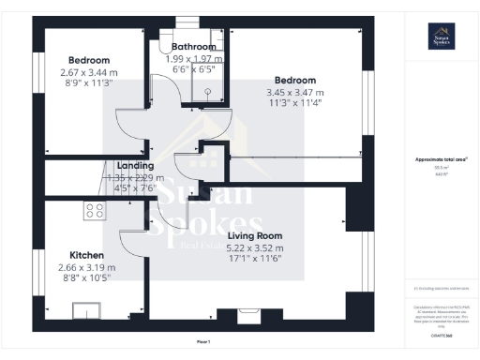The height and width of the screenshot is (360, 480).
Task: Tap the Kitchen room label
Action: coord(86,254)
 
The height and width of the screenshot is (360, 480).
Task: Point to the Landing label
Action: coord(135,166)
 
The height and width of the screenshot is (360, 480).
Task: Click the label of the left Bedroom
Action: coord(89,60)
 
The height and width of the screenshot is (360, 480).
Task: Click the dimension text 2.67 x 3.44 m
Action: coord(89,71)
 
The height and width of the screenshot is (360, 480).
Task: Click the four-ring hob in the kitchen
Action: coord(94,210)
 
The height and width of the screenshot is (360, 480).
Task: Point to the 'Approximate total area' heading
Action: coord(441,159)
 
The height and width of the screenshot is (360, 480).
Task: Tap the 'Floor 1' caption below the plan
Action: coord(204,343)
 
